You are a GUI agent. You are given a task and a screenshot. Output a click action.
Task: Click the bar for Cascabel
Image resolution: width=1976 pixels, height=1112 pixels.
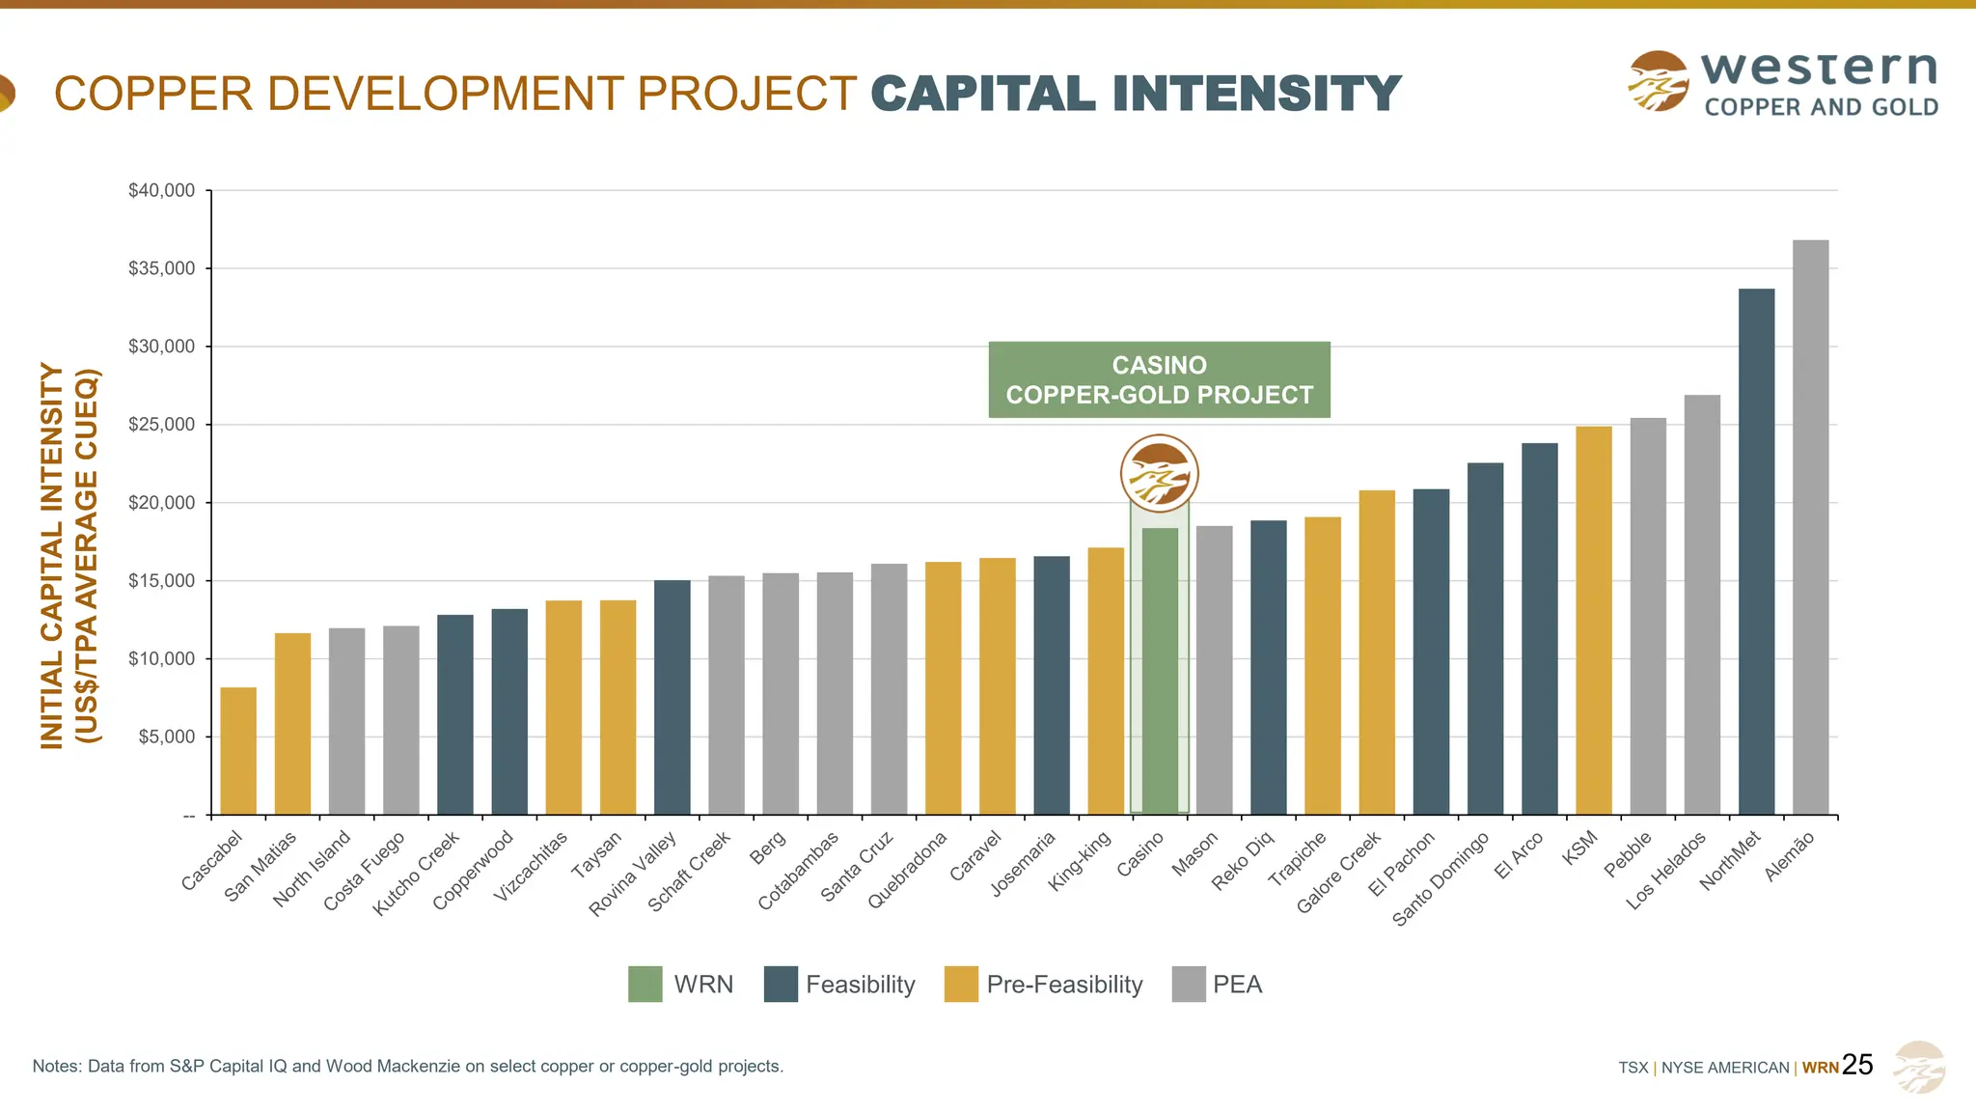tap(238, 751)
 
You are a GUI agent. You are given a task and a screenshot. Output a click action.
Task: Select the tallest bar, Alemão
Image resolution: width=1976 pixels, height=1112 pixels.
tap(1810, 527)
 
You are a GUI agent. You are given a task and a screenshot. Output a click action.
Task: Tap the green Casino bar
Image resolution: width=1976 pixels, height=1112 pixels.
tap(1160, 671)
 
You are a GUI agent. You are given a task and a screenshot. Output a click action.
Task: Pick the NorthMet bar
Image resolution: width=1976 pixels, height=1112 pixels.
tap(1756, 551)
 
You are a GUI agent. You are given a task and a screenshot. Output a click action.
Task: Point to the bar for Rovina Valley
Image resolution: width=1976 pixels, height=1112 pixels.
tap(672, 697)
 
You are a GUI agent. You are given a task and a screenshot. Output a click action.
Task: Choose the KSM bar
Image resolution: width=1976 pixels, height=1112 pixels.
tap(1593, 621)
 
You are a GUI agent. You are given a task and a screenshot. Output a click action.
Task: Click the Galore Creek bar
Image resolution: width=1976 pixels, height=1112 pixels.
tap(1377, 653)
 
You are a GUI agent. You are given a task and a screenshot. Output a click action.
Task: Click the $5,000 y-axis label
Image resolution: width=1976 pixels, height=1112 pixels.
tap(167, 737)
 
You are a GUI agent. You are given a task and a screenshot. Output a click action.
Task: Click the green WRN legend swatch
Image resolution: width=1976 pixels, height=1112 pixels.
tap(645, 985)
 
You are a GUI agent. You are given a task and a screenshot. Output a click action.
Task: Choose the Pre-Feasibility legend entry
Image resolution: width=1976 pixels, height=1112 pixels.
tap(1063, 985)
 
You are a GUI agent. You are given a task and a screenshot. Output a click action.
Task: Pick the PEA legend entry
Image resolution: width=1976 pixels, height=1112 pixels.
tap(1236, 985)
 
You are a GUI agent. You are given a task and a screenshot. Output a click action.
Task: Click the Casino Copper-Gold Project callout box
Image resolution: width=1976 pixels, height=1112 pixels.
tap(1159, 379)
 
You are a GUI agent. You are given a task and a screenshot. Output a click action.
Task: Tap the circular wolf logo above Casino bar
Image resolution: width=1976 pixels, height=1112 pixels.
tap(1159, 474)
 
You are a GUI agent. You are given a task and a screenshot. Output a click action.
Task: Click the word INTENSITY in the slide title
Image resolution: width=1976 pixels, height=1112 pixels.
tap(1256, 95)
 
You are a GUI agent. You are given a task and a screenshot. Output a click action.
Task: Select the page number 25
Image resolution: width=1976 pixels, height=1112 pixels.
tap(1857, 1065)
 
